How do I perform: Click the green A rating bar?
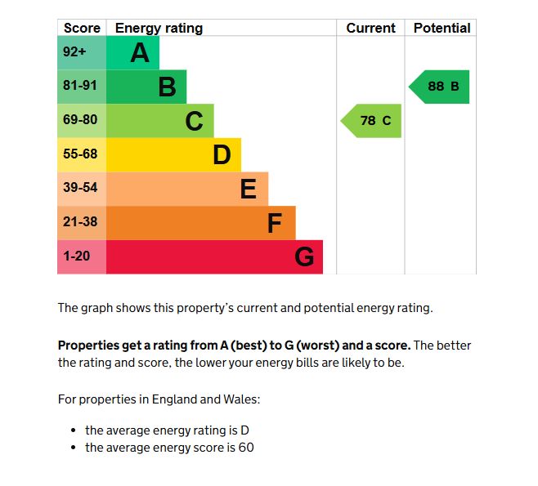pos(132,52)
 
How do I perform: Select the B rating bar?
pos(146,87)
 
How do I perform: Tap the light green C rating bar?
pos(159,121)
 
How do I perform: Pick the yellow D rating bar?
pos(173,154)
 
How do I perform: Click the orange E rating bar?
pos(186,189)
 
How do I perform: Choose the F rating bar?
pos(200,223)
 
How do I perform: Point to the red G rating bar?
pos(214,256)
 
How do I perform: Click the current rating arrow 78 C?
pos(373,121)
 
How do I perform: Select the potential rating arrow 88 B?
pos(441,87)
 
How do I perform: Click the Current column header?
pos(370,28)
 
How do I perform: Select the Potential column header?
pos(442,28)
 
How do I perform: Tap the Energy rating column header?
pos(159,28)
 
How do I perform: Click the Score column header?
pos(82,28)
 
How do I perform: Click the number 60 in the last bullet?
pos(246,448)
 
